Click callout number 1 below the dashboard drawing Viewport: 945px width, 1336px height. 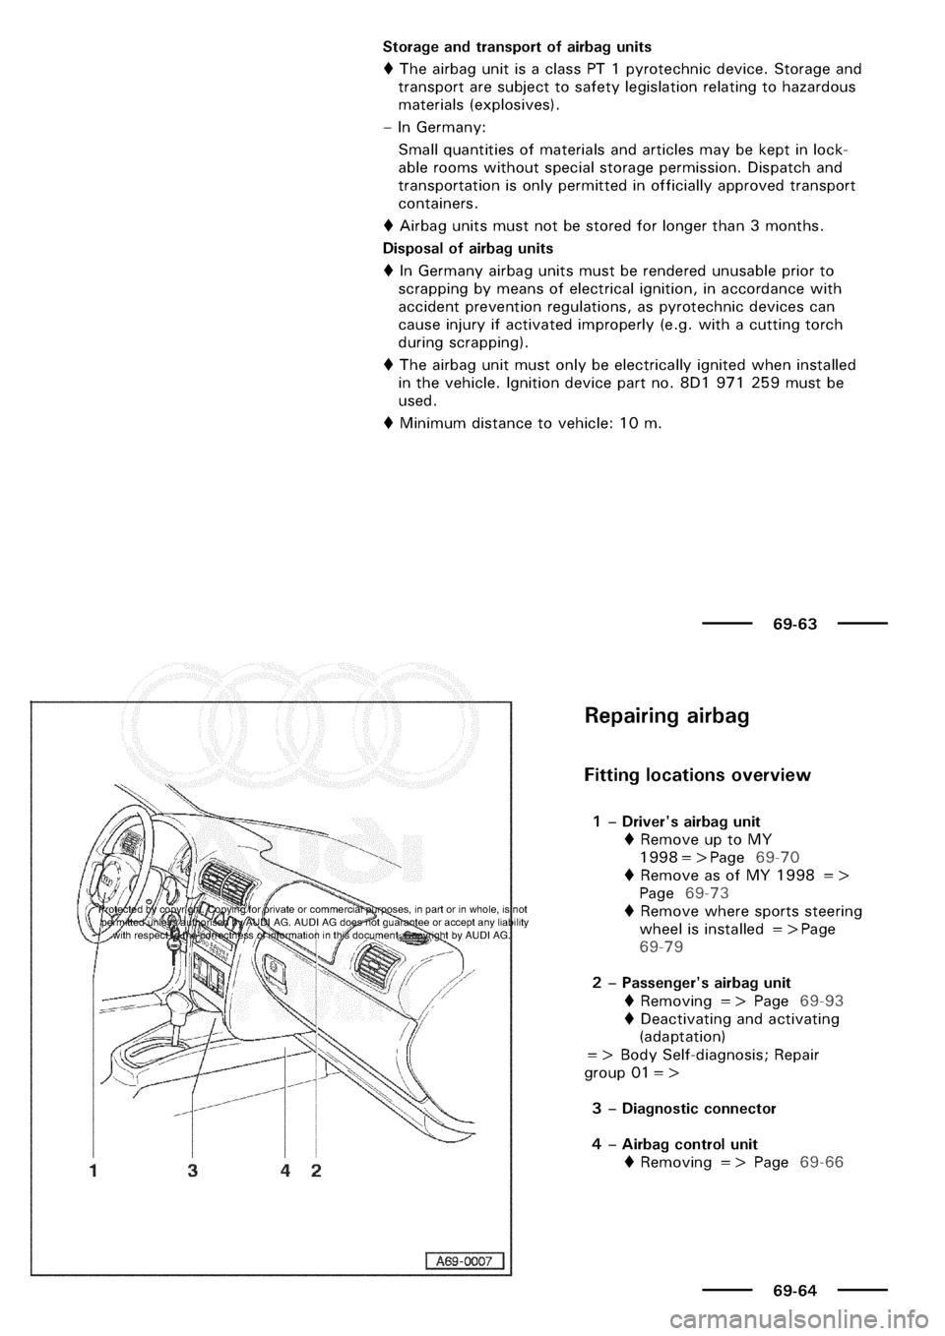click(x=93, y=1172)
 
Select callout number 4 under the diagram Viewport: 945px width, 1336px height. click(x=283, y=1172)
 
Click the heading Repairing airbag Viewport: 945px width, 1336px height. click(x=666, y=715)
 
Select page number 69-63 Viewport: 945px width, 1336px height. click(x=793, y=624)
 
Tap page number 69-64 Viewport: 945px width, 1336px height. click(x=793, y=1289)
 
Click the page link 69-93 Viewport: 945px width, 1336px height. click(x=821, y=1001)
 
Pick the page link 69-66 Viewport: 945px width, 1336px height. click(x=821, y=1162)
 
